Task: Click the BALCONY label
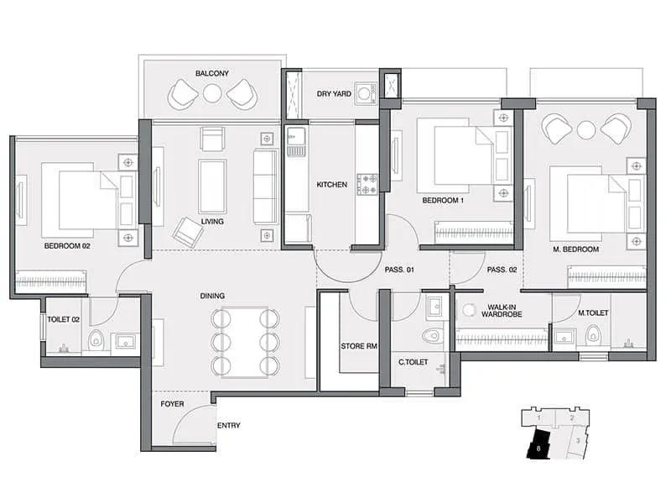coord(212,74)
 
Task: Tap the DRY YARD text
coord(334,94)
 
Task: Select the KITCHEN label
coord(331,184)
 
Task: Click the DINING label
coord(211,296)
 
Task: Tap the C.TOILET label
coord(414,363)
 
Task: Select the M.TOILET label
coord(593,313)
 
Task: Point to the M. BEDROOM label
coord(577,249)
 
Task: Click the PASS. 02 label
coord(501,270)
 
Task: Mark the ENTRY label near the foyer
coord(229,426)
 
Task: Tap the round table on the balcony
coord(212,94)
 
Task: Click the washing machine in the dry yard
coord(365,93)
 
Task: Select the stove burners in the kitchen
coord(367,184)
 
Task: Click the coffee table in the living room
coord(211,185)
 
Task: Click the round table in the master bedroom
coord(585,129)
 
